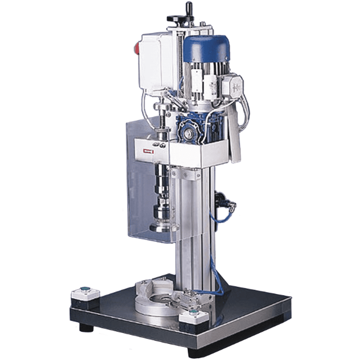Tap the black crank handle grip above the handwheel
point(189,8)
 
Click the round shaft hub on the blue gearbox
point(188,133)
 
